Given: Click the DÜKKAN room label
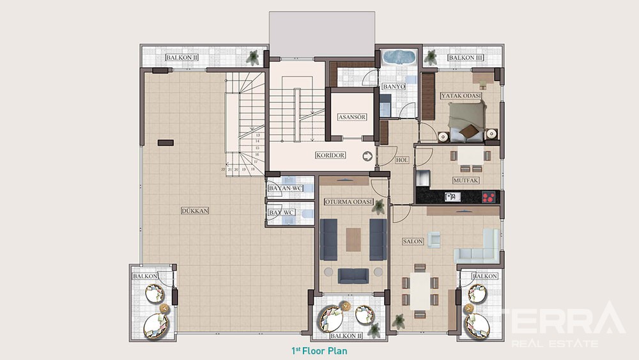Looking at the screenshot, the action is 195,211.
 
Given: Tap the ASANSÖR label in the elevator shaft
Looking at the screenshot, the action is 352,117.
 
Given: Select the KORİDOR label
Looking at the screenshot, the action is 330,155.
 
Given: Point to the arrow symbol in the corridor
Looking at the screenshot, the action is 367,156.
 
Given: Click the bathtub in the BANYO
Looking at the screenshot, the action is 399,57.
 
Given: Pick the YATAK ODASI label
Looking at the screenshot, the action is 461,96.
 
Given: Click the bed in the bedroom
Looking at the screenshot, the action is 467,121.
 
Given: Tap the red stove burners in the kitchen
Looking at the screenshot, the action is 488,198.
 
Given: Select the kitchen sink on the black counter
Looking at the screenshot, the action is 452,197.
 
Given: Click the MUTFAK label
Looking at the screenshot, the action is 465,180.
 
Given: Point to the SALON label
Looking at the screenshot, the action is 413,241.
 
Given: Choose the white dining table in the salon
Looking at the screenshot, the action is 420,291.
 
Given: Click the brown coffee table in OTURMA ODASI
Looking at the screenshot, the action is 353,239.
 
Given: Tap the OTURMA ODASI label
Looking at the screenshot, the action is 349,202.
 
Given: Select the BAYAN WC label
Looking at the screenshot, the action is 285,189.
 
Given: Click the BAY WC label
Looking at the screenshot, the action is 282,213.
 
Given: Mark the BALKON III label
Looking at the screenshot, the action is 465,58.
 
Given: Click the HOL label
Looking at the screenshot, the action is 402,160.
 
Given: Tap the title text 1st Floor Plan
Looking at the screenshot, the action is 319,351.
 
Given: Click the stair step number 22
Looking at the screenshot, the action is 223,169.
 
